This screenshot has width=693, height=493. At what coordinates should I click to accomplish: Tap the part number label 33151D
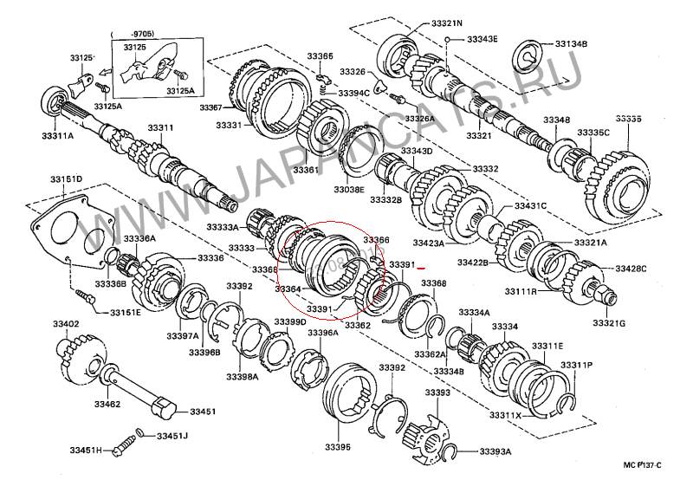coord(66,178)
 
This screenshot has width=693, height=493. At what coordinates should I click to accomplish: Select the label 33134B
coord(571,43)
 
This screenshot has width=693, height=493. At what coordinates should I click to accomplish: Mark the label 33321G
coord(609,322)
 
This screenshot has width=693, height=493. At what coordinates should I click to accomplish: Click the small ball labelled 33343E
coord(448,40)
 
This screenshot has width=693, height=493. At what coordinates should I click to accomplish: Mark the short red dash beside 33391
coord(423,269)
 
